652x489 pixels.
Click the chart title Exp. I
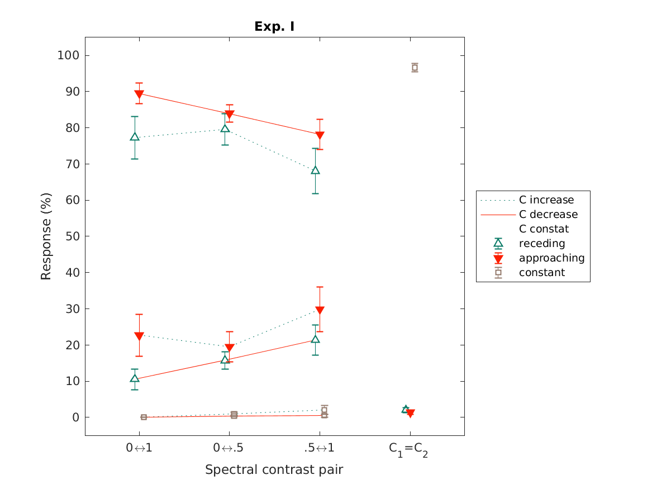point(274,26)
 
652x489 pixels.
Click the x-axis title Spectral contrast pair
point(274,469)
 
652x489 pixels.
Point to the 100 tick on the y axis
point(69,55)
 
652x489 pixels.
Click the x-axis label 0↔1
point(139,448)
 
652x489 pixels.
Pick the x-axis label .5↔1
point(320,448)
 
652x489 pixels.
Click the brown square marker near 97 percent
point(415,68)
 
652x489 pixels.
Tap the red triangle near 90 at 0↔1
point(139,94)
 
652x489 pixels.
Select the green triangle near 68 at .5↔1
point(315,170)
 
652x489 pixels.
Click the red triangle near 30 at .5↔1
point(320,311)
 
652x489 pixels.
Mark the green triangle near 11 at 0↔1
point(135,378)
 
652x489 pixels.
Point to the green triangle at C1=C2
point(406,409)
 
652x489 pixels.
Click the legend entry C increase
point(546,200)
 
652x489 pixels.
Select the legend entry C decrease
point(548,215)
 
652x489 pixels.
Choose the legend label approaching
point(551,258)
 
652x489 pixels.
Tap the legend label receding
point(541,244)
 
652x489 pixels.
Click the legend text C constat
point(544,229)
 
